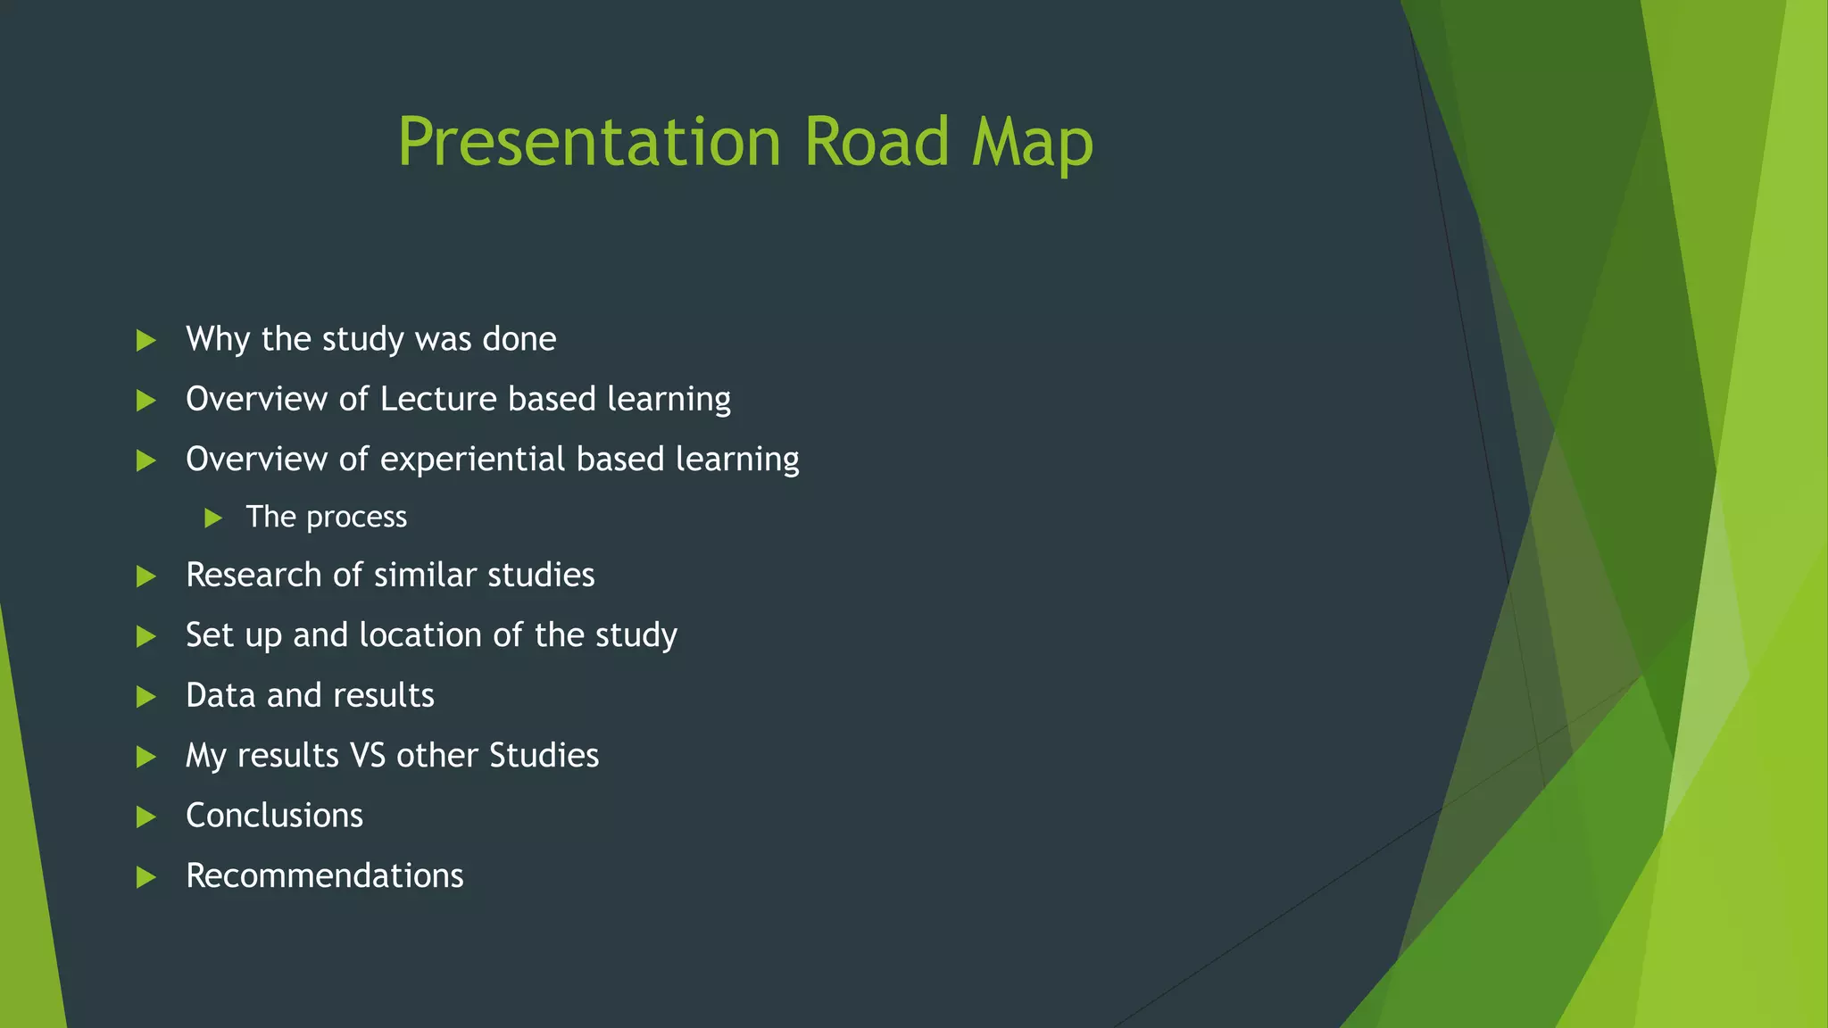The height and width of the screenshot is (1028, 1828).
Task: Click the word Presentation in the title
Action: point(589,143)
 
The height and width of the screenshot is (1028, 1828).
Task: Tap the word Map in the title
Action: point(1032,143)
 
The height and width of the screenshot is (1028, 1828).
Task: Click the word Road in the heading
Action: point(877,143)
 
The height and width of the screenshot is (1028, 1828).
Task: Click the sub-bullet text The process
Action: point(326,518)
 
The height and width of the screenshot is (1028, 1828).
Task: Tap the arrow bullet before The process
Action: point(212,518)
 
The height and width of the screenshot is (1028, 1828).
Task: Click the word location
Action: point(420,635)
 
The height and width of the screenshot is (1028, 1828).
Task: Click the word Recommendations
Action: point(324,876)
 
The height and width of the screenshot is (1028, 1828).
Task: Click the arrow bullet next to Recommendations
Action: point(145,877)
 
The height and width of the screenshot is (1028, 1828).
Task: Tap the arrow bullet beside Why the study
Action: point(145,340)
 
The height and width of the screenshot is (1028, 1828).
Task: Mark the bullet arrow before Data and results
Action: point(145,697)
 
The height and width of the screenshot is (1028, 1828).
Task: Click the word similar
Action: point(425,576)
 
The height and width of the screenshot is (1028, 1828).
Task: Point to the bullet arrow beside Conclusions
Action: point(145,817)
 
